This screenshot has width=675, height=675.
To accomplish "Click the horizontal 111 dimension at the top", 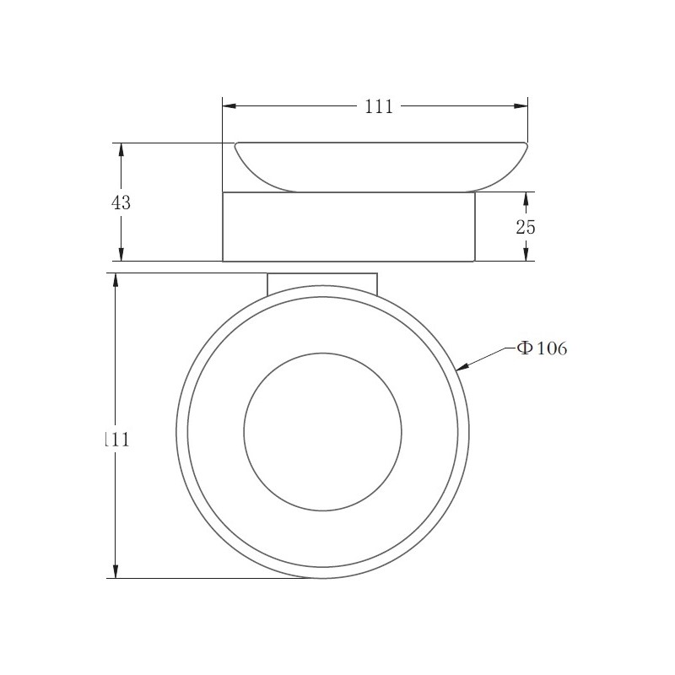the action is click(379, 106).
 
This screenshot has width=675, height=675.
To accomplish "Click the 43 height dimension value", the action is click(121, 202).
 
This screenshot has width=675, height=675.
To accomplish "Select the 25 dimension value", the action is click(526, 227).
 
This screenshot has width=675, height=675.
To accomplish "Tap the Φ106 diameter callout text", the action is click(542, 348).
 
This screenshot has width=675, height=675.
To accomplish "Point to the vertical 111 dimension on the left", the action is click(117, 440).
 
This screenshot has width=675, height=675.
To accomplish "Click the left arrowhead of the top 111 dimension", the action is click(229, 106).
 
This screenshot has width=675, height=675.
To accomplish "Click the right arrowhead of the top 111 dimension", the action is click(521, 106).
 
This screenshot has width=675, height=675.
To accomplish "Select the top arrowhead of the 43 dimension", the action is click(121, 150).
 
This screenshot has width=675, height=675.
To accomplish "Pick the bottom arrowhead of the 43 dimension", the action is click(121, 255).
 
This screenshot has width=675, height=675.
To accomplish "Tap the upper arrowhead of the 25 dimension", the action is click(526, 199).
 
